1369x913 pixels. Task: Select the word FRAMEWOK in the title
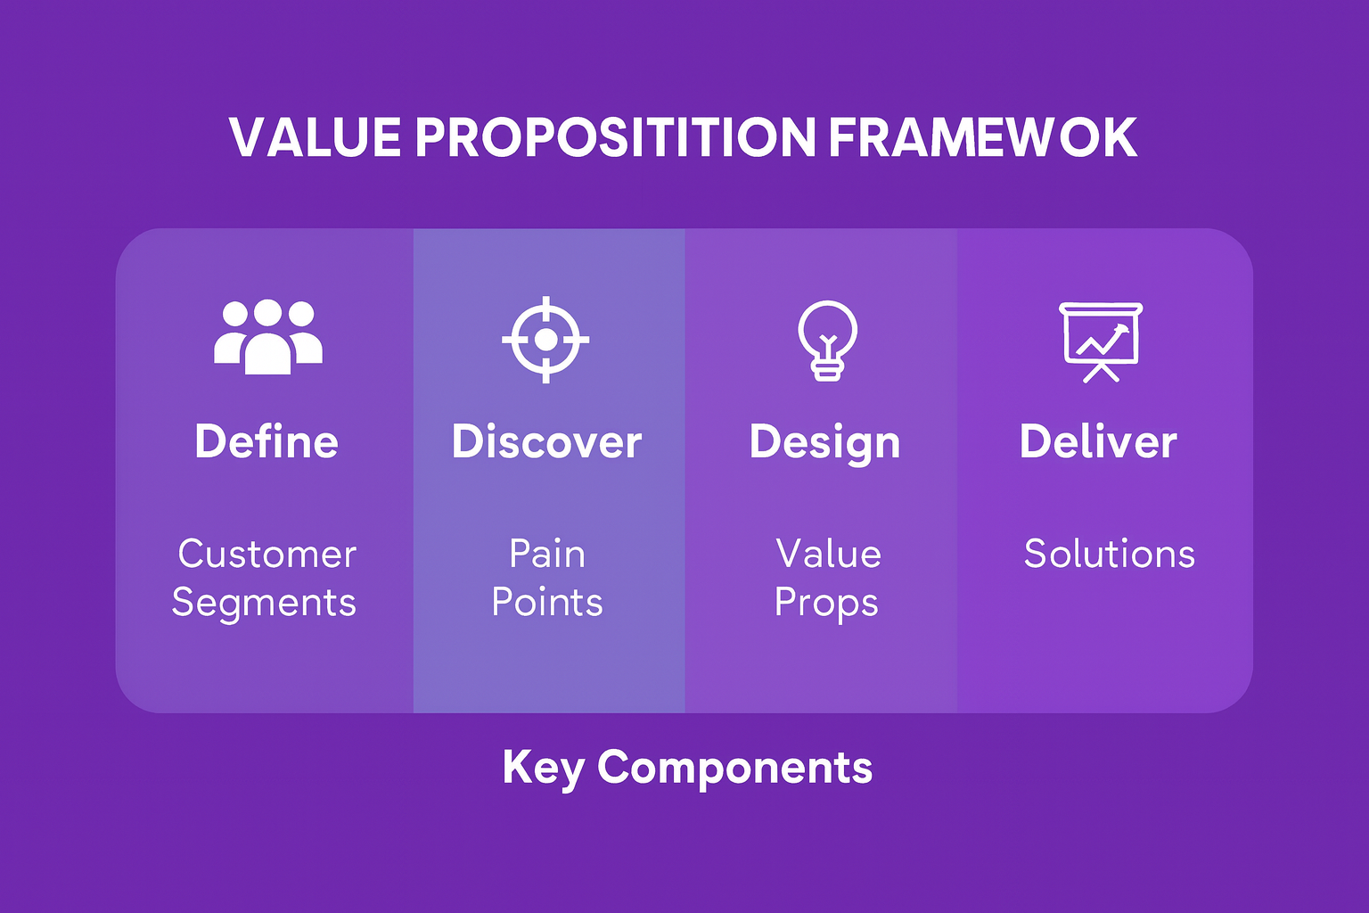pyautogui.click(x=982, y=137)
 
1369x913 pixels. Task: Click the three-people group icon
pyautogui.click(x=267, y=336)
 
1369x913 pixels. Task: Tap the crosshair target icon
pyautogui.click(x=545, y=340)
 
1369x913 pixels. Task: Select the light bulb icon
pyautogui.click(x=827, y=341)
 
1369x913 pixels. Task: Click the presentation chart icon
pyautogui.click(x=1101, y=341)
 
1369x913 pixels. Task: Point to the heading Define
pyautogui.click(x=266, y=441)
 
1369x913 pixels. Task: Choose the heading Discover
pyautogui.click(x=546, y=441)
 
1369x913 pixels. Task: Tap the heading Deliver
pyautogui.click(x=1098, y=441)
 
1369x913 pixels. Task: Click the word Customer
pyautogui.click(x=267, y=554)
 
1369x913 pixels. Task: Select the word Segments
pyautogui.click(x=264, y=604)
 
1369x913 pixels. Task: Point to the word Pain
pyautogui.click(x=547, y=554)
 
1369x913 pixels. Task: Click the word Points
pyautogui.click(x=547, y=603)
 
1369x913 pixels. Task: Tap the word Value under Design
pyautogui.click(x=828, y=554)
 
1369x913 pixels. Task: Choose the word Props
pyautogui.click(x=826, y=604)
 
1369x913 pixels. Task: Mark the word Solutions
pyautogui.click(x=1109, y=554)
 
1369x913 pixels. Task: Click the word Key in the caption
pyautogui.click(x=542, y=768)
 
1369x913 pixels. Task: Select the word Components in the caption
pyautogui.click(x=734, y=768)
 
